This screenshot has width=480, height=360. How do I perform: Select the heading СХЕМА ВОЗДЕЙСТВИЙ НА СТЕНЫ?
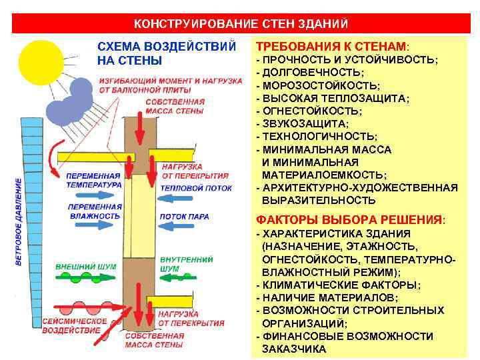click(x=166, y=54)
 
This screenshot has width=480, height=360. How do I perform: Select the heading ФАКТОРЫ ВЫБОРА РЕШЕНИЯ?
click(x=351, y=220)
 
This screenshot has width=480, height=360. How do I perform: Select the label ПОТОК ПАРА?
click(x=184, y=217)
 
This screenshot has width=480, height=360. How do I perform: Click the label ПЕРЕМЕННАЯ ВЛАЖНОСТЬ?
click(x=94, y=211)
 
